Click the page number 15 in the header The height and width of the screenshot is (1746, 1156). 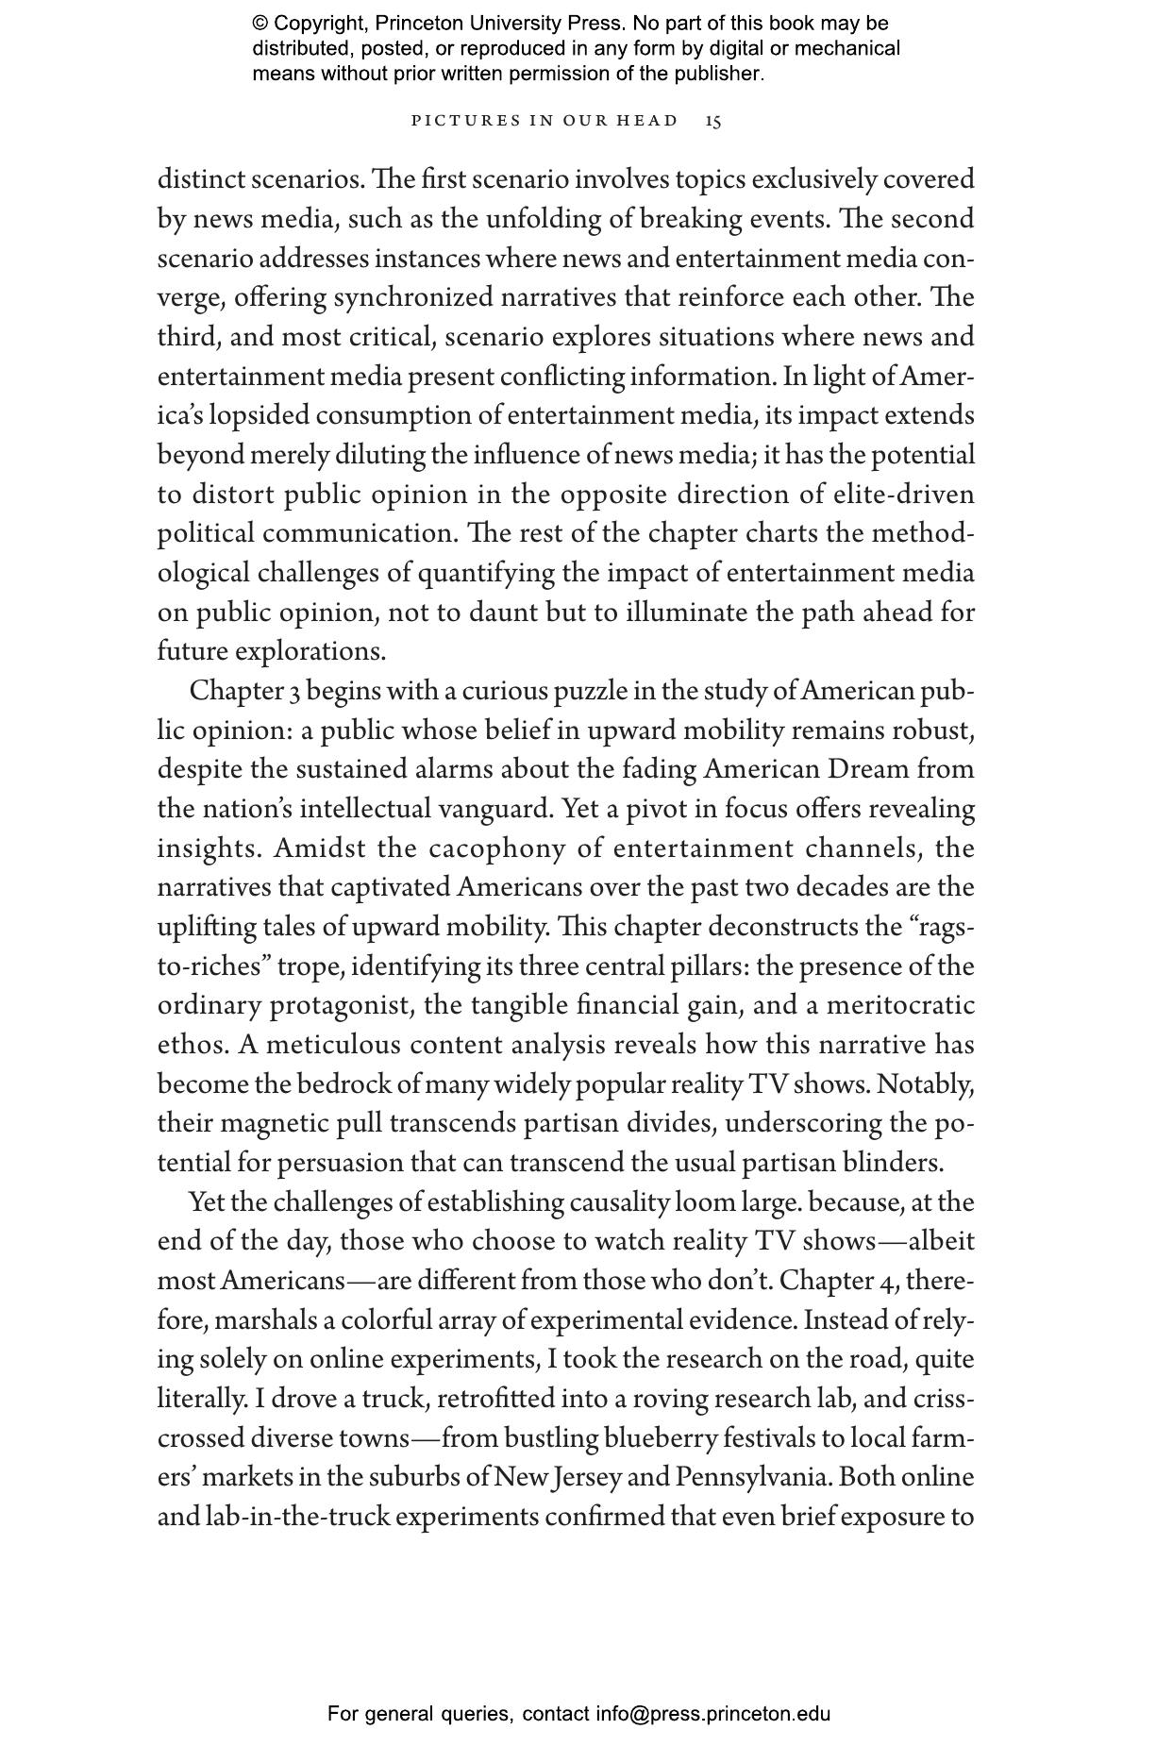click(x=713, y=121)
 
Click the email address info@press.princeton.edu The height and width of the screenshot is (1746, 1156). click(x=712, y=1714)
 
